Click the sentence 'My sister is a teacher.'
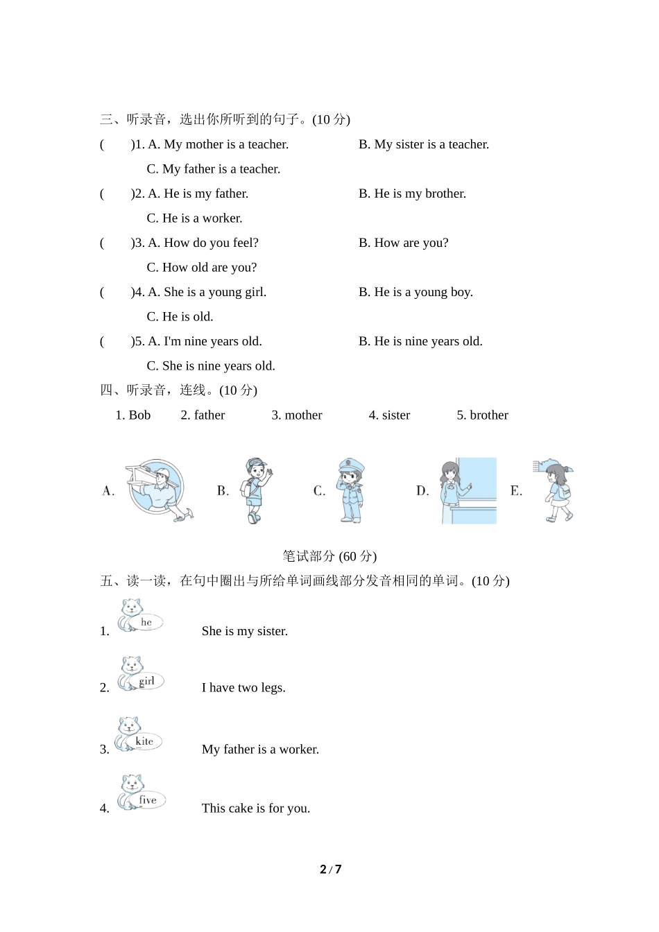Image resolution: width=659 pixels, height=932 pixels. (424, 144)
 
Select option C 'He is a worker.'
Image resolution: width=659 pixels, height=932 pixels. (194, 218)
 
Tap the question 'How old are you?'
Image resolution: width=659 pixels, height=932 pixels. (202, 268)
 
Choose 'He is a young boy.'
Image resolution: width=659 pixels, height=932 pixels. (416, 292)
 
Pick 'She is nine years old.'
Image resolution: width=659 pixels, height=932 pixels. (211, 366)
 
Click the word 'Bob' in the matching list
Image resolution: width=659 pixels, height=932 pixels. (139, 415)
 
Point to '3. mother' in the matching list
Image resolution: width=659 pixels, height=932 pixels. (297, 415)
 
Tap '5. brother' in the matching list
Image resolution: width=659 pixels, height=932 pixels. (482, 415)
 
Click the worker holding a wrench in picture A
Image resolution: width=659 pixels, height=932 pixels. (159, 490)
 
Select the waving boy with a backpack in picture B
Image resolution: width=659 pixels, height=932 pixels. (255, 490)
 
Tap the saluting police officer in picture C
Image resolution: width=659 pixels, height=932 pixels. (350, 490)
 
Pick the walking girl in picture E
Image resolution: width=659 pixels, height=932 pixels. (556, 490)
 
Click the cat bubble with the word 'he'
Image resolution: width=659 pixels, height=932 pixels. (141, 616)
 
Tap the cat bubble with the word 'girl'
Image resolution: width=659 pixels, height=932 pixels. (142, 674)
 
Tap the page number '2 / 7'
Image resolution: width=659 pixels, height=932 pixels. (330, 870)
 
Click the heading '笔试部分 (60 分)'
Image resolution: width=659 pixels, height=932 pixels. (329, 556)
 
